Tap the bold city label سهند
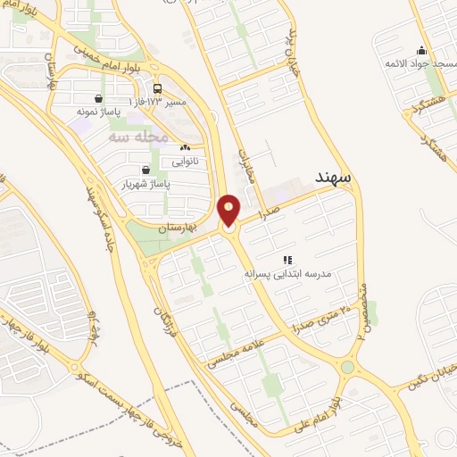pyautogui.click(x=333, y=178)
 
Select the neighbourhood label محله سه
pyautogui.click(x=138, y=137)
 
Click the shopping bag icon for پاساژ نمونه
pyautogui.click(x=98, y=98)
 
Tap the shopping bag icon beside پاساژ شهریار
pyautogui.click(x=145, y=169)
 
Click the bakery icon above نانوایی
pyautogui.click(x=185, y=148)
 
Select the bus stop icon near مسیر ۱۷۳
pyautogui.click(x=158, y=88)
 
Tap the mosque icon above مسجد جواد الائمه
pyautogui.click(x=422, y=50)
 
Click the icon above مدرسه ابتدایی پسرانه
pyautogui.click(x=287, y=259)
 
